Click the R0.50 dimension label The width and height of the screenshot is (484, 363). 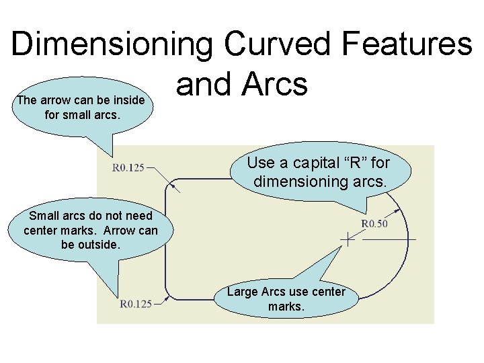click(374, 224)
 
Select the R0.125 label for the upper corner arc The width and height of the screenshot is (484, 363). click(128, 167)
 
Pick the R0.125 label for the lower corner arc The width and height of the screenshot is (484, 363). click(136, 304)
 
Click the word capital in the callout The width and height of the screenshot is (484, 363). click(312, 163)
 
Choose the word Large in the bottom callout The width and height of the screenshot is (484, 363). click(242, 292)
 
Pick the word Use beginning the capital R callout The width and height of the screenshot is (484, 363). click(259, 163)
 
